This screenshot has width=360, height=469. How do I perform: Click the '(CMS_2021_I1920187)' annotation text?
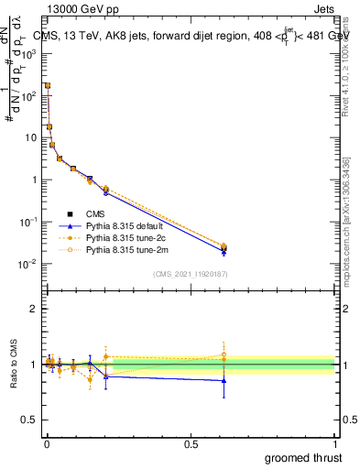click(x=190, y=273)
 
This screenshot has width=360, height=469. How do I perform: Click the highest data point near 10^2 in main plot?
click(x=48, y=85)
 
